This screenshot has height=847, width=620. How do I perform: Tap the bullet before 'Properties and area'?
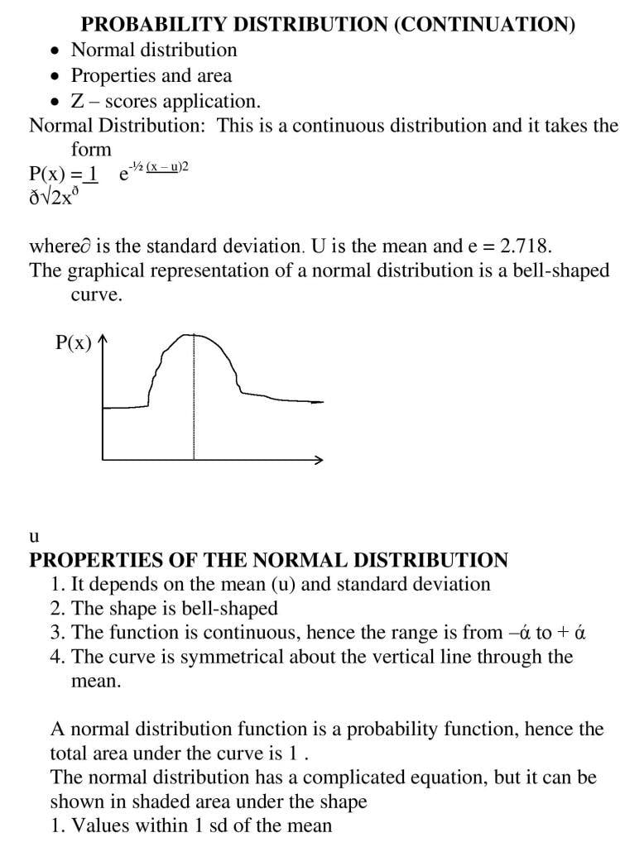(55, 76)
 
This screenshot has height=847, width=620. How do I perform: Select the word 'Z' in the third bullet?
(78, 102)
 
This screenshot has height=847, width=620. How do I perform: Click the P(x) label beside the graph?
(74, 343)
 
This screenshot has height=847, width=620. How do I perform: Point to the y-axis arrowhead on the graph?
(103, 340)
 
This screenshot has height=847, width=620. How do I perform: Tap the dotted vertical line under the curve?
(195, 397)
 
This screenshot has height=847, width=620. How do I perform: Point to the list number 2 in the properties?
(57, 609)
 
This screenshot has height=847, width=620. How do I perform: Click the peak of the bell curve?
(195, 333)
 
